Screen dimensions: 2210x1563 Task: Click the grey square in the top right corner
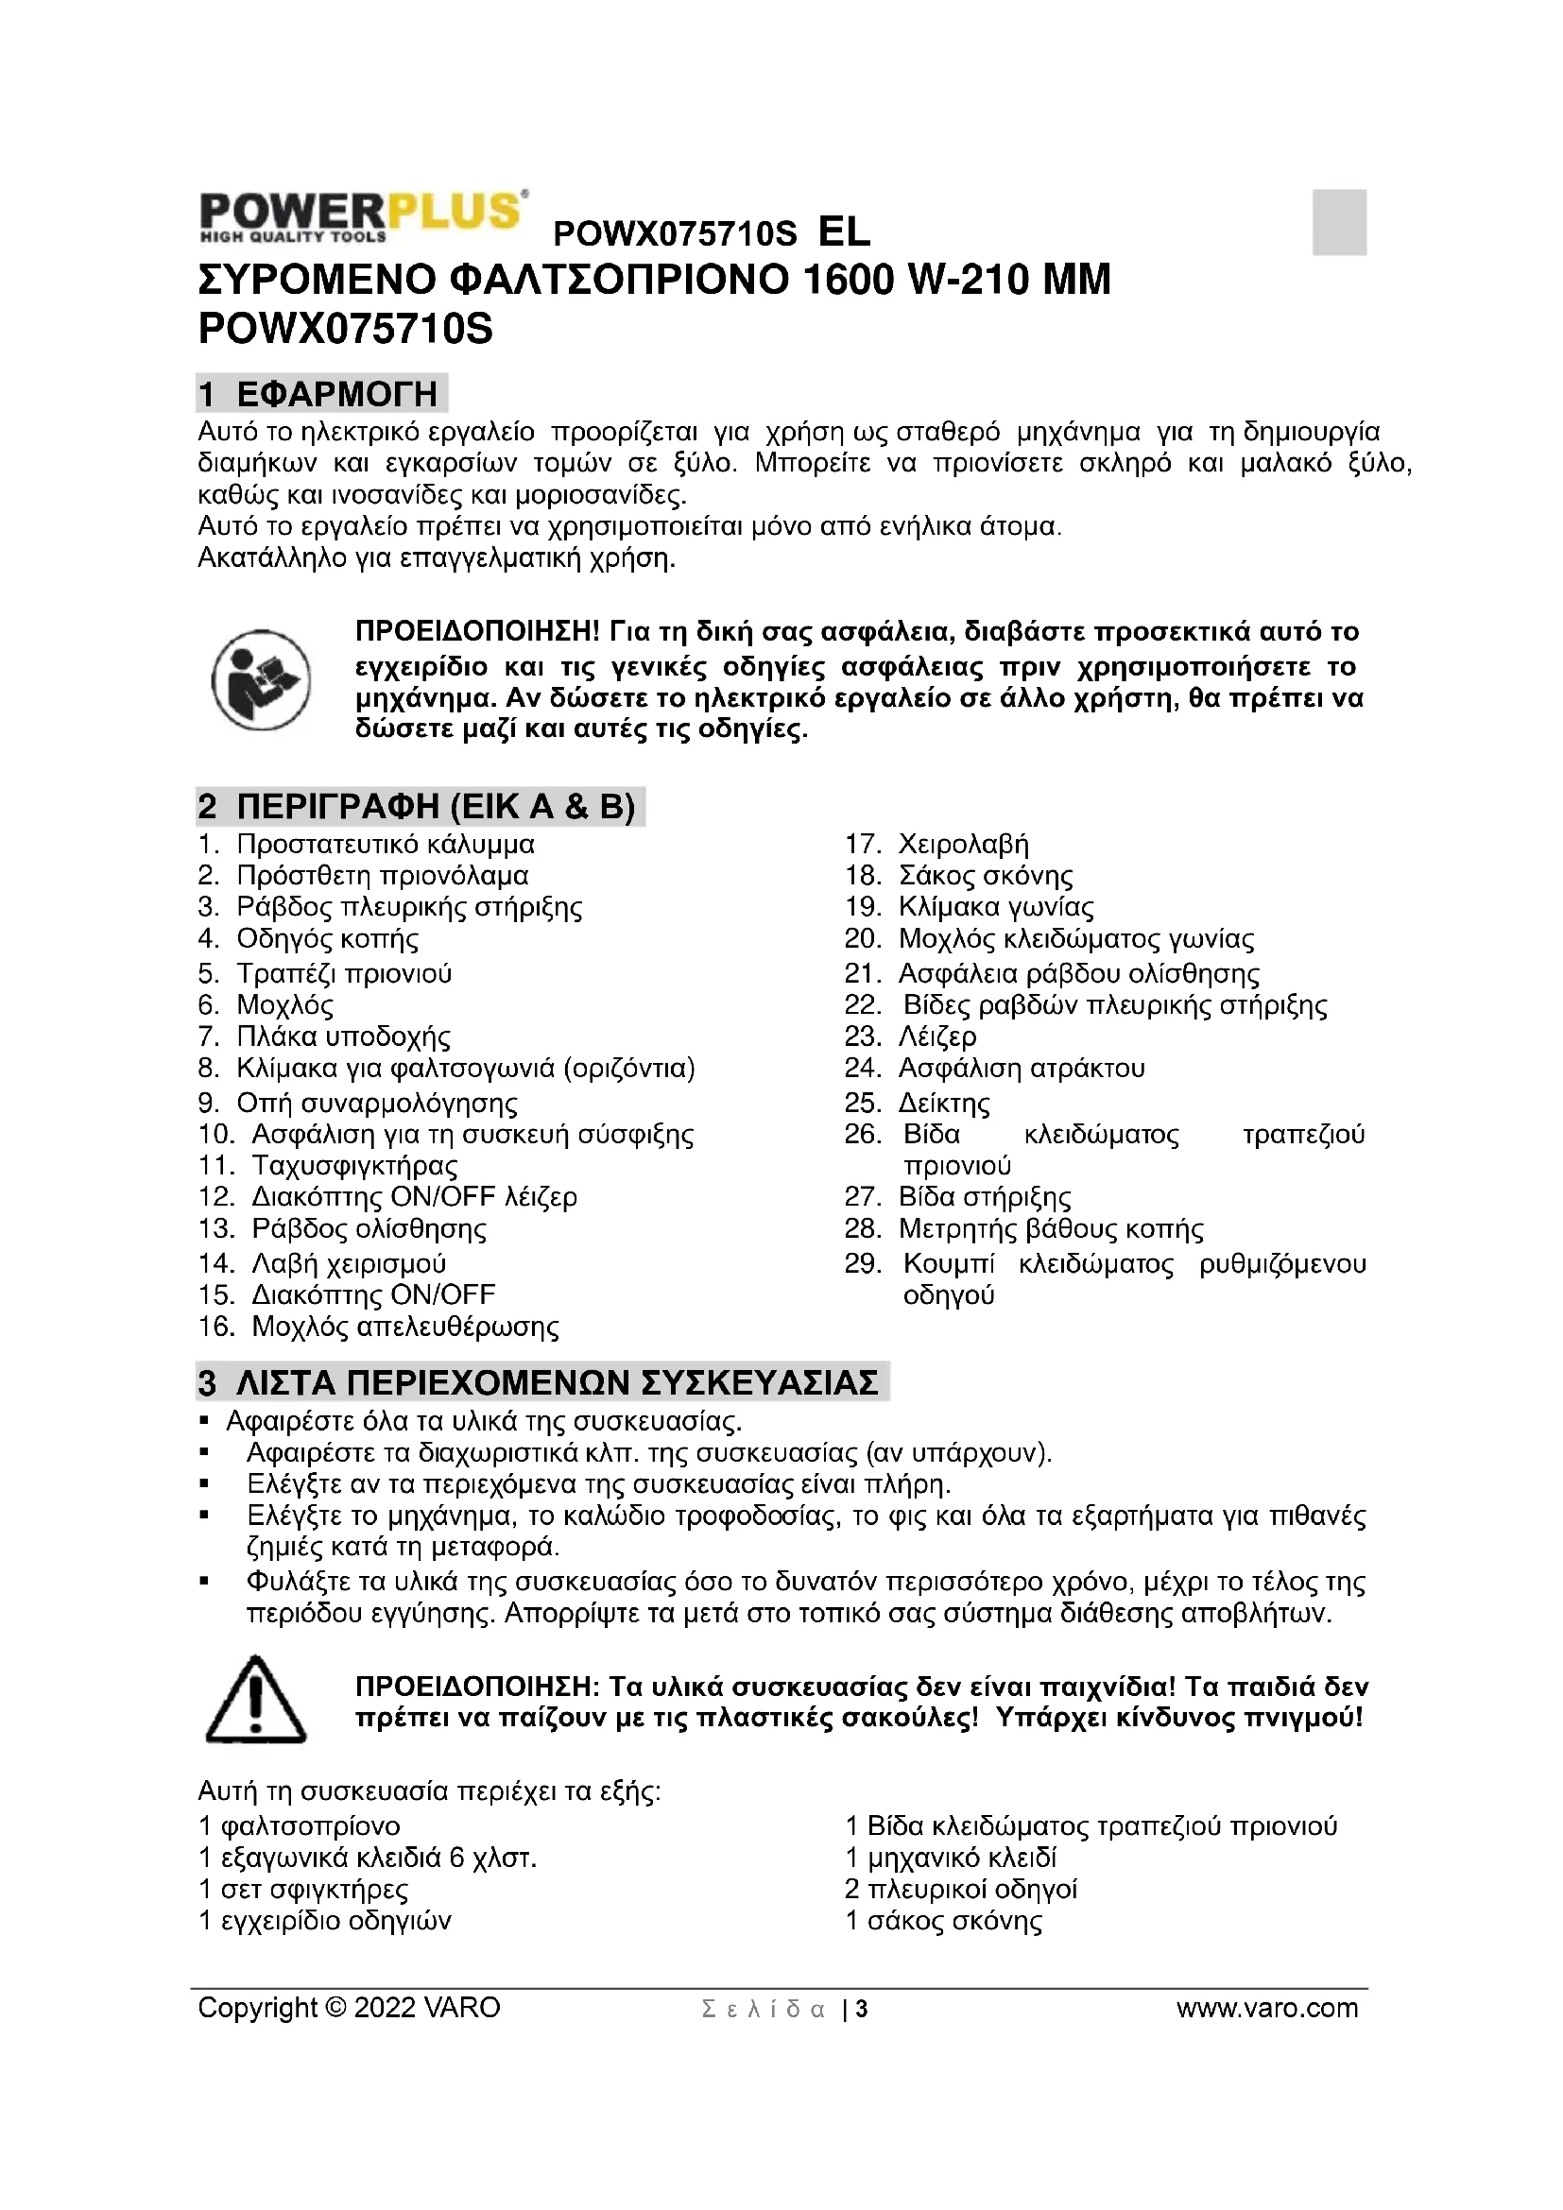tap(1339, 222)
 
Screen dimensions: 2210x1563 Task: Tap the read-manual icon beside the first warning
tap(261, 679)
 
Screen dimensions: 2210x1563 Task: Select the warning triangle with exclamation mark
tap(256, 1701)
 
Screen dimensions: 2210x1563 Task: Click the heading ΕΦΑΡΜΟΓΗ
tap(321, 394)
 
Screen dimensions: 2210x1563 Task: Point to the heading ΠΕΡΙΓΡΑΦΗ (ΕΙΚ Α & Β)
tap(420, 806)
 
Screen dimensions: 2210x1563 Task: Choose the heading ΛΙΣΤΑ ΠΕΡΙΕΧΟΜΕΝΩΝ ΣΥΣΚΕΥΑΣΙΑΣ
tap(541, 1382)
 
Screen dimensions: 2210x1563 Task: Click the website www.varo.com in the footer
tap(1266, 2008)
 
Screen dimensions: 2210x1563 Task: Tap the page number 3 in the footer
tap(862, 2009)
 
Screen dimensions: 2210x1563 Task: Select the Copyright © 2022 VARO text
tap(349, 2008)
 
